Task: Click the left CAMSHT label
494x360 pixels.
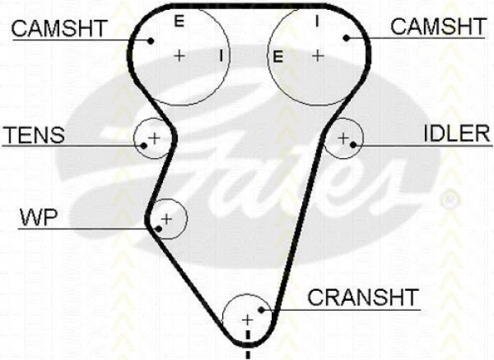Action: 59,28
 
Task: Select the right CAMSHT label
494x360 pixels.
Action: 438,26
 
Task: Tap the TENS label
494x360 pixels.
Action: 34,134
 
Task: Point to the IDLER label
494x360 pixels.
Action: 457,133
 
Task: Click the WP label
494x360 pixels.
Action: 39,217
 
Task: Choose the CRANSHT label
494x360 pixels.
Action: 362,297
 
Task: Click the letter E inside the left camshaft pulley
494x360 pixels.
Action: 179,21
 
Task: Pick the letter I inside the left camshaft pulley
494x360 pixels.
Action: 221,55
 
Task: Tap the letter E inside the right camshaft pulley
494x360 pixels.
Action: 277,57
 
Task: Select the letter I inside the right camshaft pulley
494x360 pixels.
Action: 317,21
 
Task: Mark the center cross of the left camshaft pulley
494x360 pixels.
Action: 179,56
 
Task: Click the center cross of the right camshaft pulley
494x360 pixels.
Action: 318,56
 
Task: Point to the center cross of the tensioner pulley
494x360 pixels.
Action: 155,138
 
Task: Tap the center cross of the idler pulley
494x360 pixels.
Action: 343,138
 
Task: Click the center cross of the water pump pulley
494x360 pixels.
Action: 166,219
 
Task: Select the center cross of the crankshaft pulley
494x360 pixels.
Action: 247,320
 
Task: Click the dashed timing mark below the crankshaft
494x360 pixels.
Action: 248,344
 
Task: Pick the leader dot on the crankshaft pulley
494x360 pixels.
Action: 261,310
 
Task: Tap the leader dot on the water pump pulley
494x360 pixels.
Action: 159,229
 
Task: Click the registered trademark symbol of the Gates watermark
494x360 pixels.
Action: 450,199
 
